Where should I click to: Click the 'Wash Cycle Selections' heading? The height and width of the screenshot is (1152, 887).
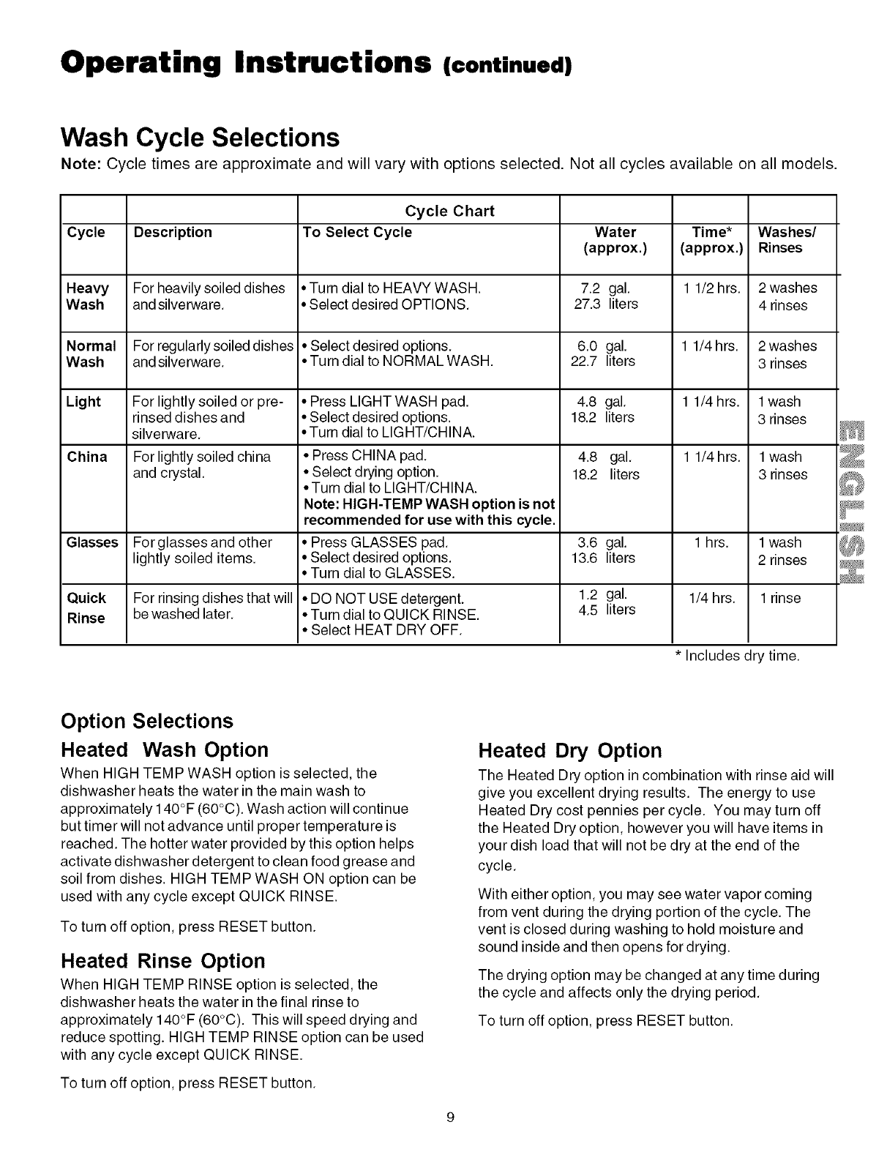coord(200,138)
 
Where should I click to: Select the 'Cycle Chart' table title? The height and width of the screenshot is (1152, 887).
coord(449,212)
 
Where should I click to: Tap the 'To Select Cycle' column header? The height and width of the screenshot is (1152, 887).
coord(357,233)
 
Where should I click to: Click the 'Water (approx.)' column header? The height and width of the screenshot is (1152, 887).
coord(615,240)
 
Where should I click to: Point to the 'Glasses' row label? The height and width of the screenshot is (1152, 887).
coord(92,543)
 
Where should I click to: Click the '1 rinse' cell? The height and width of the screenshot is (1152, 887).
coord(780,599)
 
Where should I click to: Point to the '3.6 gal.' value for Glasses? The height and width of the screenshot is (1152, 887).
coord(602,543)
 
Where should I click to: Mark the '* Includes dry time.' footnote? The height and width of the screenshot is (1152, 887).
coord(736,657)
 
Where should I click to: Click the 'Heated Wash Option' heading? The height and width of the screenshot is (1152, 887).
coord(165,750)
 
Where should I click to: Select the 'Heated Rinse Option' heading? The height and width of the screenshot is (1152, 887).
coord(162,961)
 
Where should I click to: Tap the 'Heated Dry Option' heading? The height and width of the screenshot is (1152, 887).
coord(569,751)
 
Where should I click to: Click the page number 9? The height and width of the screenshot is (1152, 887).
coord(450,1117)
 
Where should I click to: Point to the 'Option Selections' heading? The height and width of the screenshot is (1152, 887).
coord(146,722)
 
